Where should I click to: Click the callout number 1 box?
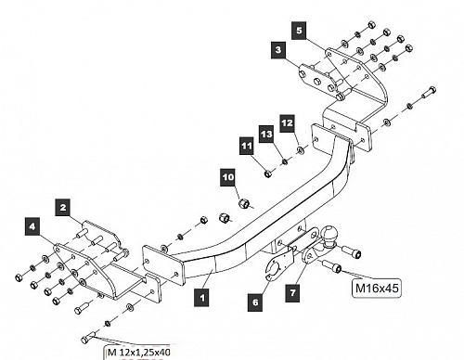[202, 298]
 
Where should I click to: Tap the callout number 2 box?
[63, 207]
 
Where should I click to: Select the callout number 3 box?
[278, 49]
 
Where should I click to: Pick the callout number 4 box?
[32, 226]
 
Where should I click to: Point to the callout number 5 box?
[299, 31]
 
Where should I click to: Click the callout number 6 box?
[255, 302]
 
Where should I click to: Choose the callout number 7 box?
[292, 292]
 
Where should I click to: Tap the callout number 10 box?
[228, 177]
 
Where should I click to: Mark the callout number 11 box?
[247, 146]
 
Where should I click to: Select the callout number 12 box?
[288, 123]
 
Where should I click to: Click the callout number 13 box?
[266, 135]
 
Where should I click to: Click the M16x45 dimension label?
[377, 289]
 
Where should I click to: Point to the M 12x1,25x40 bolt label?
[138, 352]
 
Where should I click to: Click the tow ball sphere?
[328, 235]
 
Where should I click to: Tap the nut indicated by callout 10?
[244, 203]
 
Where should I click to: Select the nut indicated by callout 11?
[268, 174]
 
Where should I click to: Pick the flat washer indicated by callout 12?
[300, 150]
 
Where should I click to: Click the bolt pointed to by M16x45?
[331, 266]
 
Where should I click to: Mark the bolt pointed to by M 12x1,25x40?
[90, 337]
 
